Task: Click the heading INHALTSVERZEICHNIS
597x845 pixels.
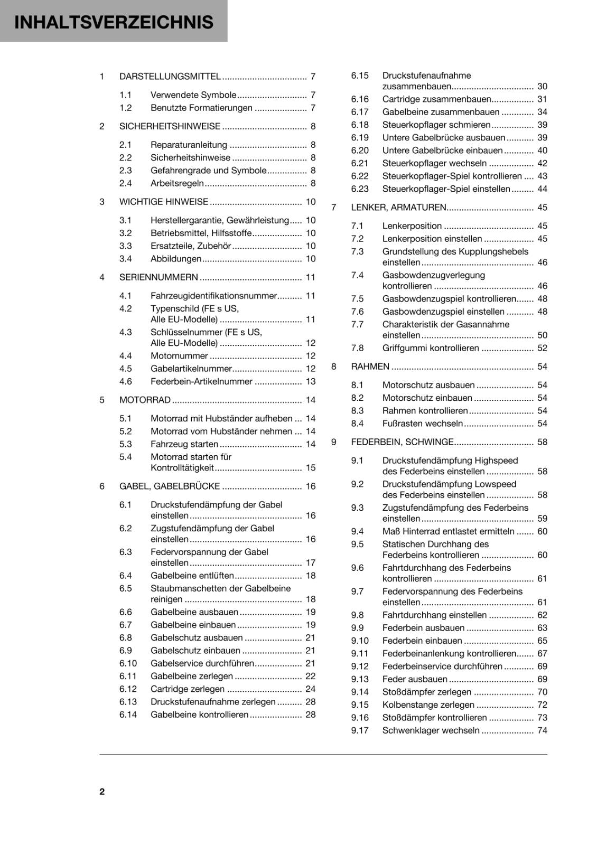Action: coord(114,22)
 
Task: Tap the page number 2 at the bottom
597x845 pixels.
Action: coord(102,791)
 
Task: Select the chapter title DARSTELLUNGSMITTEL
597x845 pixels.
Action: coord(170,77)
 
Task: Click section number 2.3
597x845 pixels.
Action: coord(125,171)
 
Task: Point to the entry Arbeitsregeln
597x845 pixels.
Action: coord(177,183)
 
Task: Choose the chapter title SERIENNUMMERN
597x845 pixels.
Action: coord(158,277)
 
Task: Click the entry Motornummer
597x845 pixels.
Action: coord(179,356)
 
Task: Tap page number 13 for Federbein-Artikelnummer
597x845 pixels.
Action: coord(310,381)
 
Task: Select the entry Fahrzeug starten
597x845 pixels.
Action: coord(184,444)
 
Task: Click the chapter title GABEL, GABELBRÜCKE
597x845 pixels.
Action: coord(169,486)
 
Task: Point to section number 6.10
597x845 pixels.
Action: coord(128,663)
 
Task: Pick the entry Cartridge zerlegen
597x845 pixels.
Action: coord(187,689)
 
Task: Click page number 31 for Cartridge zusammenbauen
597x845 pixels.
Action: coord(542,99)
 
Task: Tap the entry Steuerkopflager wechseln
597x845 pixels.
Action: coord(434,163)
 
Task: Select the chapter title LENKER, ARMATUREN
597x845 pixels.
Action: coord(398,208)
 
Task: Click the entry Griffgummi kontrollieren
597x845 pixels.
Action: coord(431,348)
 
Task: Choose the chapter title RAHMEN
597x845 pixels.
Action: coord(370,367)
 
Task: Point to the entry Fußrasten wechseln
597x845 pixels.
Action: coord(422,424)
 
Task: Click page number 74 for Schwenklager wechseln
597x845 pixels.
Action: coord(542,730)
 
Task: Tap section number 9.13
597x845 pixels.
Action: coord(360,679)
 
